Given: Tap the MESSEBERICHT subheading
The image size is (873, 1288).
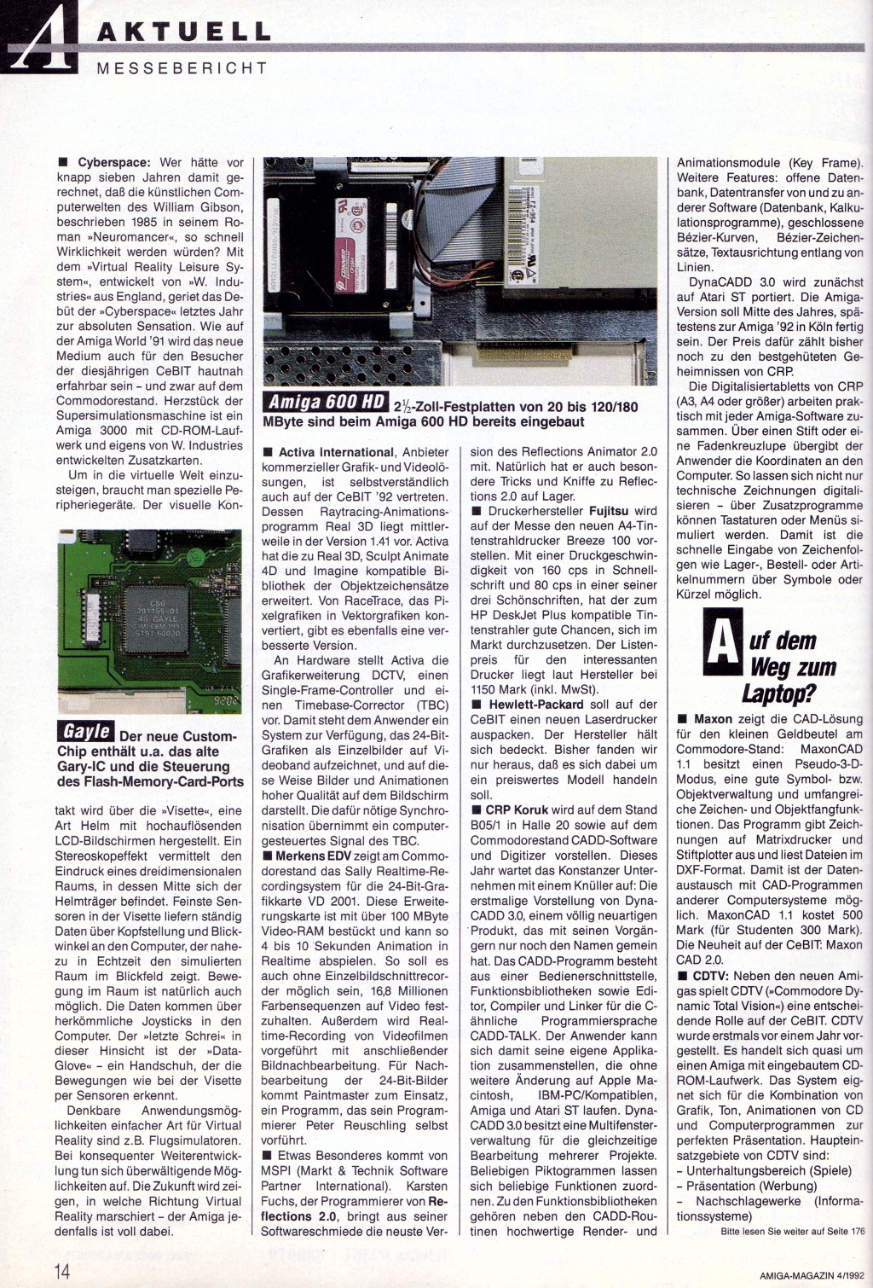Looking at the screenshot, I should coord(182,69).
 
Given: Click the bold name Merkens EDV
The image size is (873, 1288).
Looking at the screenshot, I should coord(313,856).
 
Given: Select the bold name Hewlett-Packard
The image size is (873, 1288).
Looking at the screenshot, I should coord(535,705).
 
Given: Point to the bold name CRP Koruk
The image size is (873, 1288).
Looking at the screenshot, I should coord(517,809).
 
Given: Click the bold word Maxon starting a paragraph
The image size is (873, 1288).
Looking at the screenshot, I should coord(713,719).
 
